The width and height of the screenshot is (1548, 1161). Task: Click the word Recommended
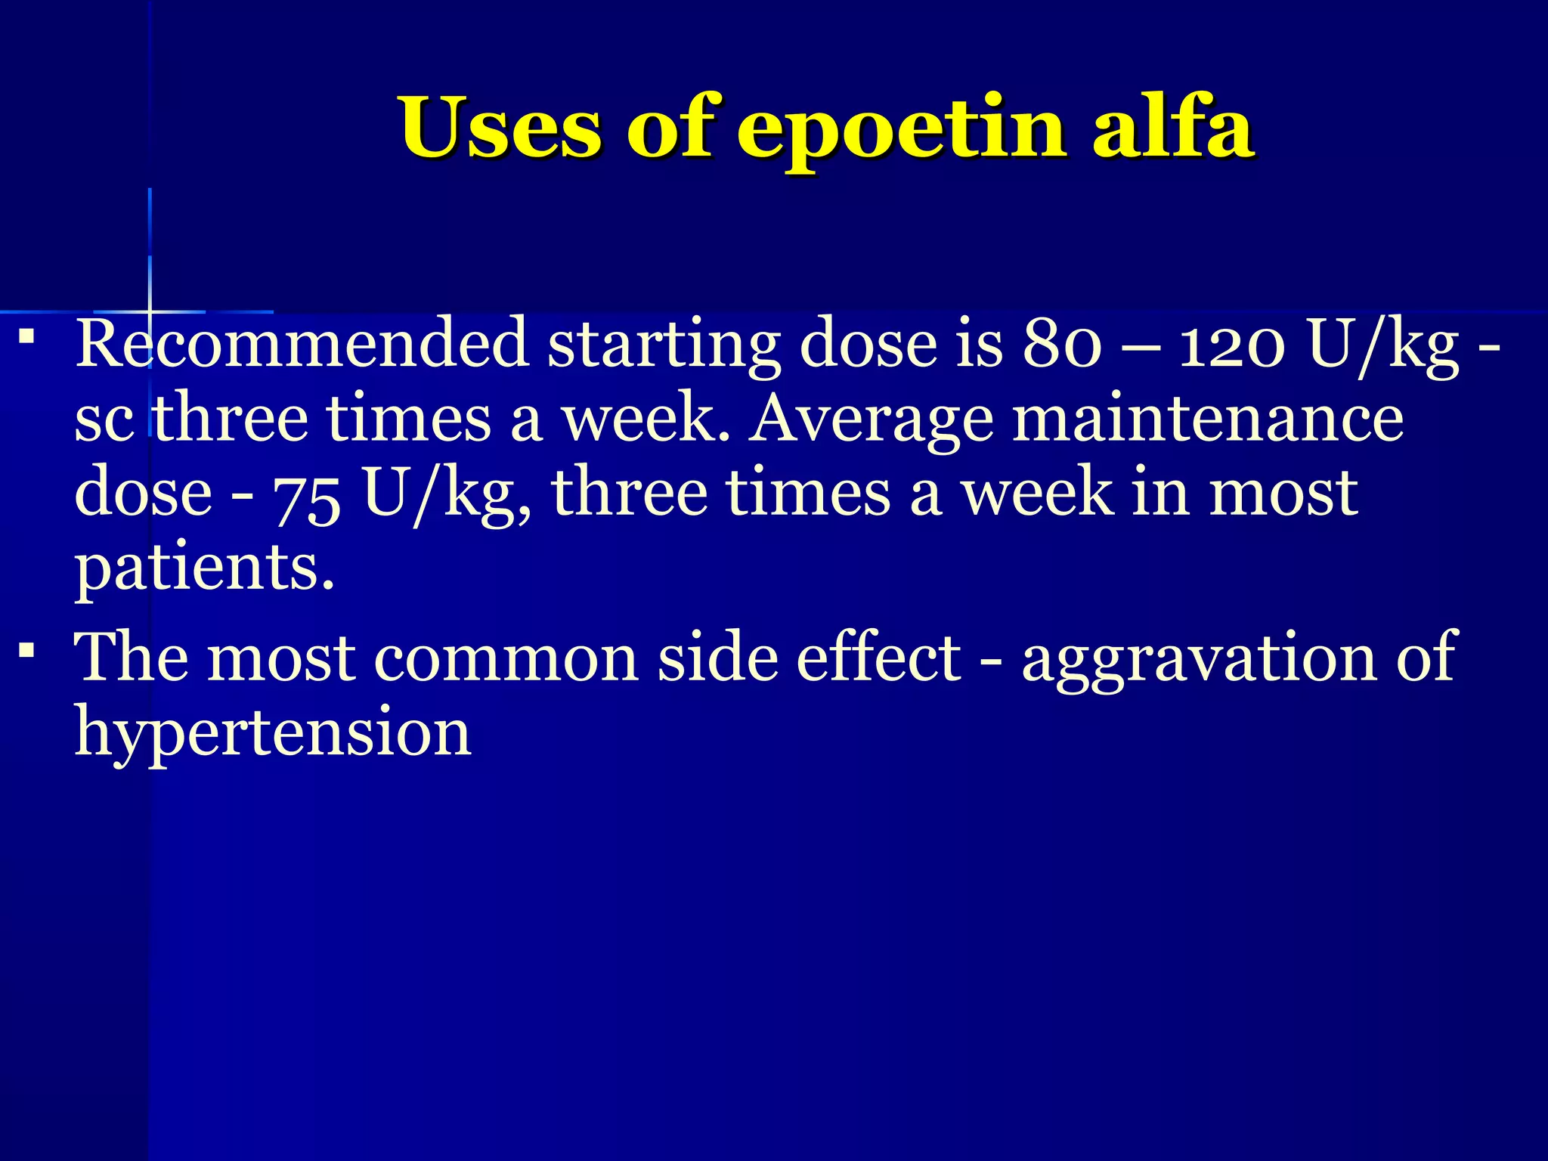(302, 344)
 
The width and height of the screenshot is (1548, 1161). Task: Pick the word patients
(204, 568)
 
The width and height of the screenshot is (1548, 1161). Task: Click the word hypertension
(273, 732)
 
